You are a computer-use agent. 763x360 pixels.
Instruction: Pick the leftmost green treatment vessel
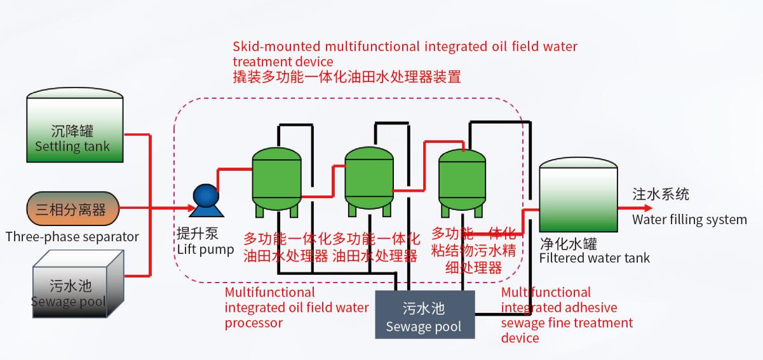point(276,180)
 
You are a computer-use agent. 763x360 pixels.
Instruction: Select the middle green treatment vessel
point(368,180)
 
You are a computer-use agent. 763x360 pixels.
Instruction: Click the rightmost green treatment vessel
point(462,180)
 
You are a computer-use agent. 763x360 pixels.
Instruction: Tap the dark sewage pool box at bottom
point(424,316)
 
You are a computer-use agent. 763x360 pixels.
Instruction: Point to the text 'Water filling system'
point(689,220)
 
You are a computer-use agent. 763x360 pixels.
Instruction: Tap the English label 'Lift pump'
point(205,250)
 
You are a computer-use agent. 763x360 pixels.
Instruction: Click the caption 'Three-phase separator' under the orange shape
point(72,237)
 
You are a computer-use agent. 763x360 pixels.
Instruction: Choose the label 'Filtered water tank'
point(594,258)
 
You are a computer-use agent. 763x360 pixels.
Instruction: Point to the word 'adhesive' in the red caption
point(591,307)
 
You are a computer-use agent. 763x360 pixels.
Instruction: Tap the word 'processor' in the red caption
point(253,323)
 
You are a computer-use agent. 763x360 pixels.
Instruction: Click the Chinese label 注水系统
point(661,194)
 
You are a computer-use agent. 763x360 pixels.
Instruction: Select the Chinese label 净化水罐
point(568,244)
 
